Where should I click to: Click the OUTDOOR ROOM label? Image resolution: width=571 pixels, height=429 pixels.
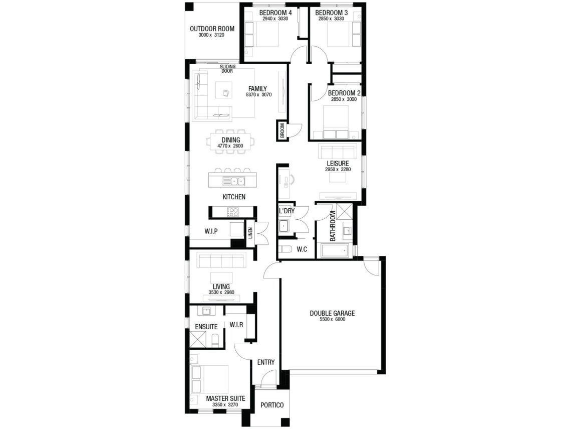(212, 29)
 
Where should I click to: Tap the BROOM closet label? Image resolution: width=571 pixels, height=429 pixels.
(282, 130)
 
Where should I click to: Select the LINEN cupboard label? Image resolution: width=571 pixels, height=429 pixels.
(250, 233)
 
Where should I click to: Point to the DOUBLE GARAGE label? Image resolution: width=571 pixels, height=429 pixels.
(332, 313)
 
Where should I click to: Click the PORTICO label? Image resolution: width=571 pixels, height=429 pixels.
(272, 405)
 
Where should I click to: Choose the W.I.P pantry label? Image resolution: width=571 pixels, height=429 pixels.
(211, 231)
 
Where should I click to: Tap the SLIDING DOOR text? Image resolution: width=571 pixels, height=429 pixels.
(227, 69)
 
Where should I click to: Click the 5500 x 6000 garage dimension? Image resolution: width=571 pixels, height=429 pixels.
(333, 319)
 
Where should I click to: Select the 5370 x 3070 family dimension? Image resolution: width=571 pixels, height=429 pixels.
(258, 95)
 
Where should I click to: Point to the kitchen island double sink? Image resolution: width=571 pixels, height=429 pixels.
(234, 181)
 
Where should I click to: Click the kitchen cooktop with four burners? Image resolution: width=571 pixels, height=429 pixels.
(233, 212)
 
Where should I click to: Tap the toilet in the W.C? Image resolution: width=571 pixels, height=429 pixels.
(285, 249)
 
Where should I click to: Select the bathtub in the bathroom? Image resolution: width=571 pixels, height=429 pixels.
(334, 250)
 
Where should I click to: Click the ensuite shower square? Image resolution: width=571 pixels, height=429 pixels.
(198, 339)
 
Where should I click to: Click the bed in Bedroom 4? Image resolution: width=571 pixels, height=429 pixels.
(262, 34)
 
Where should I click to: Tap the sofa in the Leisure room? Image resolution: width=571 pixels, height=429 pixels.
(337, 151)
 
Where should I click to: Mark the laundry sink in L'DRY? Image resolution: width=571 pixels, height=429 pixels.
(284, 226)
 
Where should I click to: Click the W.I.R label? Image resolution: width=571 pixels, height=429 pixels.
(236, 325)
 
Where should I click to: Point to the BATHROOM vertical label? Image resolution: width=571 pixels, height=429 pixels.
(333, 226)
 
